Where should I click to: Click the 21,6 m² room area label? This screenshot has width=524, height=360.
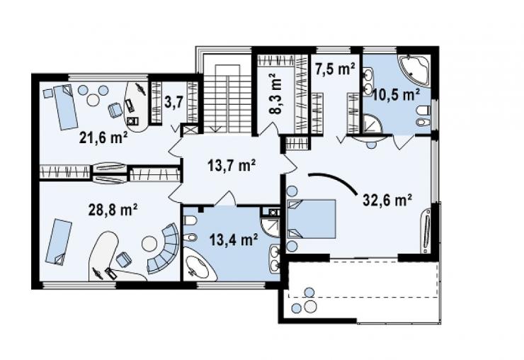point(103,137)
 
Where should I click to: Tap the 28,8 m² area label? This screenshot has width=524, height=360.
point(113,210)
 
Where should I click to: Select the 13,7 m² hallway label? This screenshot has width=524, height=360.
point(232,166)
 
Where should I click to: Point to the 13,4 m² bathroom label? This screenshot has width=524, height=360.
point(234,240)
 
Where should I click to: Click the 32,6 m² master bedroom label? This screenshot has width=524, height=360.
point(387,201)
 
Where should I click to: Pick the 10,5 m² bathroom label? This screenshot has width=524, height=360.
point(396,95)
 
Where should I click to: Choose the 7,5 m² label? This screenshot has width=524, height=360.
point(335,69)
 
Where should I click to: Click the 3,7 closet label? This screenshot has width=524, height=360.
point(173,102)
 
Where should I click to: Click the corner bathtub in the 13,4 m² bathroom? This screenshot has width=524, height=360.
point(199,265)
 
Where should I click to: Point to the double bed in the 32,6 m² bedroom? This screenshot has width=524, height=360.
point(312,219)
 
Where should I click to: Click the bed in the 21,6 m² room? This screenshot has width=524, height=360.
point(66,107)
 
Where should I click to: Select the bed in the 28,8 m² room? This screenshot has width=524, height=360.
point(59,242)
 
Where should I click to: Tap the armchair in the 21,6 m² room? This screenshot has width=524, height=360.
point(115,110)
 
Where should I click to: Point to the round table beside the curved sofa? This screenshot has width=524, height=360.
point(149,244)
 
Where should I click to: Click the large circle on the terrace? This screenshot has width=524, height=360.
point(311,306)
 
